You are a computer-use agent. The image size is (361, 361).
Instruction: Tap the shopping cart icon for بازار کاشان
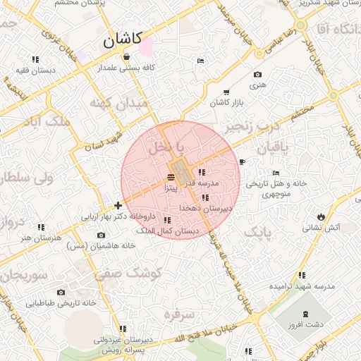click(x=226, y=92)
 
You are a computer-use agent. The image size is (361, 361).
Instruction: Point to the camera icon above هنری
click(x=257, y=75)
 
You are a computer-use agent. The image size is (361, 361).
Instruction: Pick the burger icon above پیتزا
click(x=171, y=176)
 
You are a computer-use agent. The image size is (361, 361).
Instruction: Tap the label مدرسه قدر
click(x=204, y=183)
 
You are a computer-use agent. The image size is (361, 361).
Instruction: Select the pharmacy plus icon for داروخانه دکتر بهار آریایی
click(x=117, y=205)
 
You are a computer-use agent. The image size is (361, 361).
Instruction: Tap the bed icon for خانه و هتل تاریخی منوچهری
click(x=276, y=173)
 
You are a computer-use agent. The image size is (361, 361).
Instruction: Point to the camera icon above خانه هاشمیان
click(x=100, y=235)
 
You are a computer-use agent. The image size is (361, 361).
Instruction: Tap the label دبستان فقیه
click(x=35, y=70)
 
